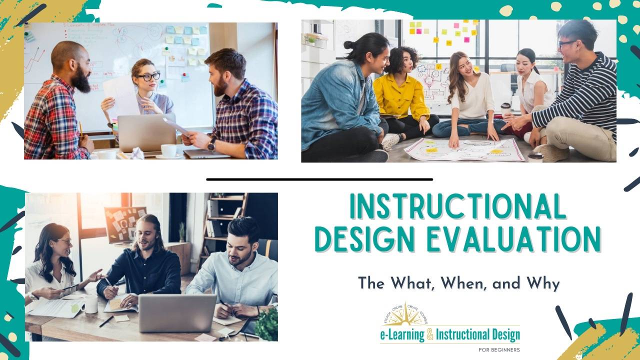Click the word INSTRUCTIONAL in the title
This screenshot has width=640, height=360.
[458, 206]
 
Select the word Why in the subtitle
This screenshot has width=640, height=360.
[542, 283]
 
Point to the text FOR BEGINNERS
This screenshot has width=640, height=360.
[499, 349]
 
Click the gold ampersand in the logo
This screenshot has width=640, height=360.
[429, 334]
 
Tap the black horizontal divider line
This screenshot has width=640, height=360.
[319, 179]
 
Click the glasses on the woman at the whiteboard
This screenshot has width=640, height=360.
[149, 77]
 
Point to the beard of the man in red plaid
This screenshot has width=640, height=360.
[81, 80]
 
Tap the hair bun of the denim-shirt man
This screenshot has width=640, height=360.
[348, 45]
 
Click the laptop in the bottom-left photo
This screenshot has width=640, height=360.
[177, 312]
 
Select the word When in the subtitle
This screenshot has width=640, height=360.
[463, 283]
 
